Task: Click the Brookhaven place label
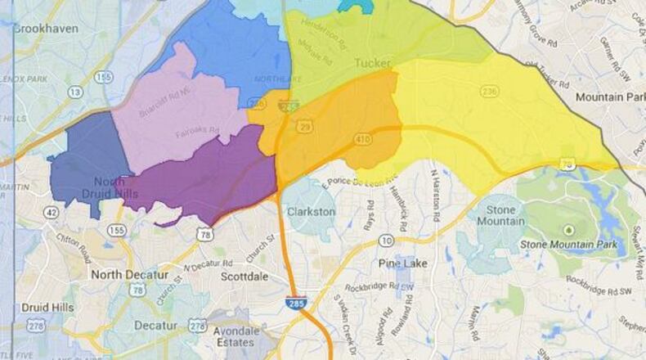[45, 28]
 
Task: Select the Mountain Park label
[610, 97]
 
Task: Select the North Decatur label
[129, 274]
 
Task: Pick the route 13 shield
[75, 92]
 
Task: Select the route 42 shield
[52, 212]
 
